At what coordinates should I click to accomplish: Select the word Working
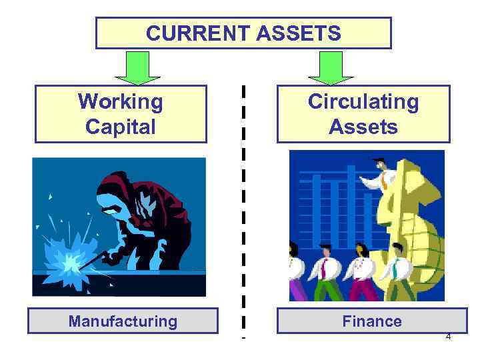[121, 102]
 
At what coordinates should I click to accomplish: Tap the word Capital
[121, 127]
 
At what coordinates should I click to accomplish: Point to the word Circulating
[363, 102]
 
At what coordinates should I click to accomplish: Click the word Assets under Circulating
[363, 127]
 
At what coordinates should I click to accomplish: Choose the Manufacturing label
[123, 321]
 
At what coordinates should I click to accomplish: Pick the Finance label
[372, 321]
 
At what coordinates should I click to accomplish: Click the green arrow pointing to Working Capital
[139, 67]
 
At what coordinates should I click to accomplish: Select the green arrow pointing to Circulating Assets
[326, 67]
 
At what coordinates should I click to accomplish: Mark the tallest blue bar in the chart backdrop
[351, 200]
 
